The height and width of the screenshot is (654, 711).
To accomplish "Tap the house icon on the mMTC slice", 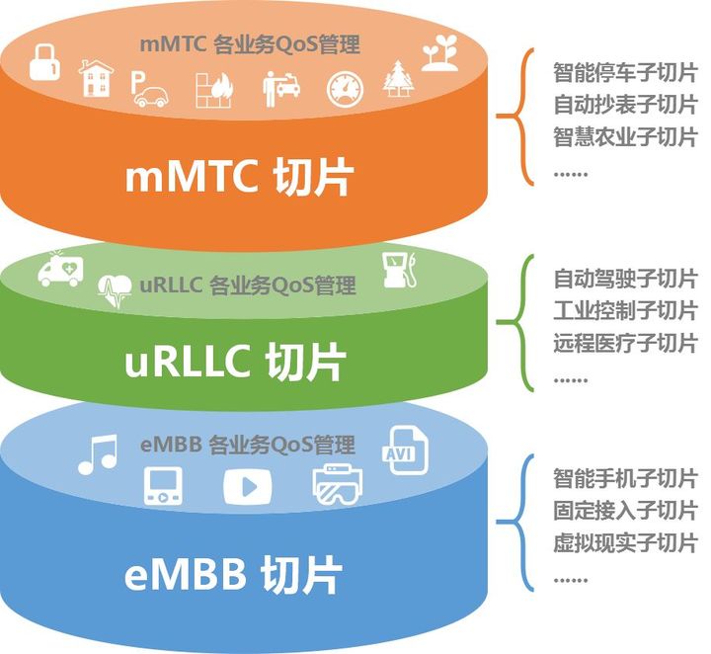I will [x=95, y=78].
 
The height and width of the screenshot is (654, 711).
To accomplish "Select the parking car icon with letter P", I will [x=149, y=88].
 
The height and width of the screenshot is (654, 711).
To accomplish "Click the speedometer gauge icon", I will [x=345, y=88].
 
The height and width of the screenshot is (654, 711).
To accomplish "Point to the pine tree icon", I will [x=398, y=78].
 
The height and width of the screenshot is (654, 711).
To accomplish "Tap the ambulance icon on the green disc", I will [x=60, y=268].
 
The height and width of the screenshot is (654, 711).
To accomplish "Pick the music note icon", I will [x=97, y=454].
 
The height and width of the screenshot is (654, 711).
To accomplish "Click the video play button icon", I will [x=247, y=485].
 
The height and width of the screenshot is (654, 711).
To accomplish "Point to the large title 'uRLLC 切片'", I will [x=234, y=363].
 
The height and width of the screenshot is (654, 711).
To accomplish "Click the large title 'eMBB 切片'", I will [x=233, y=574].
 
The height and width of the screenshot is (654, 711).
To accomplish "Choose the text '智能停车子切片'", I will [x=624, y=73].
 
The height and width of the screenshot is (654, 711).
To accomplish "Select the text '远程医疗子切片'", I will [x=624, y=343].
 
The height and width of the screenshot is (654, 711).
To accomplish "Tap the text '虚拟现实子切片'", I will [x=624, y=541].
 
